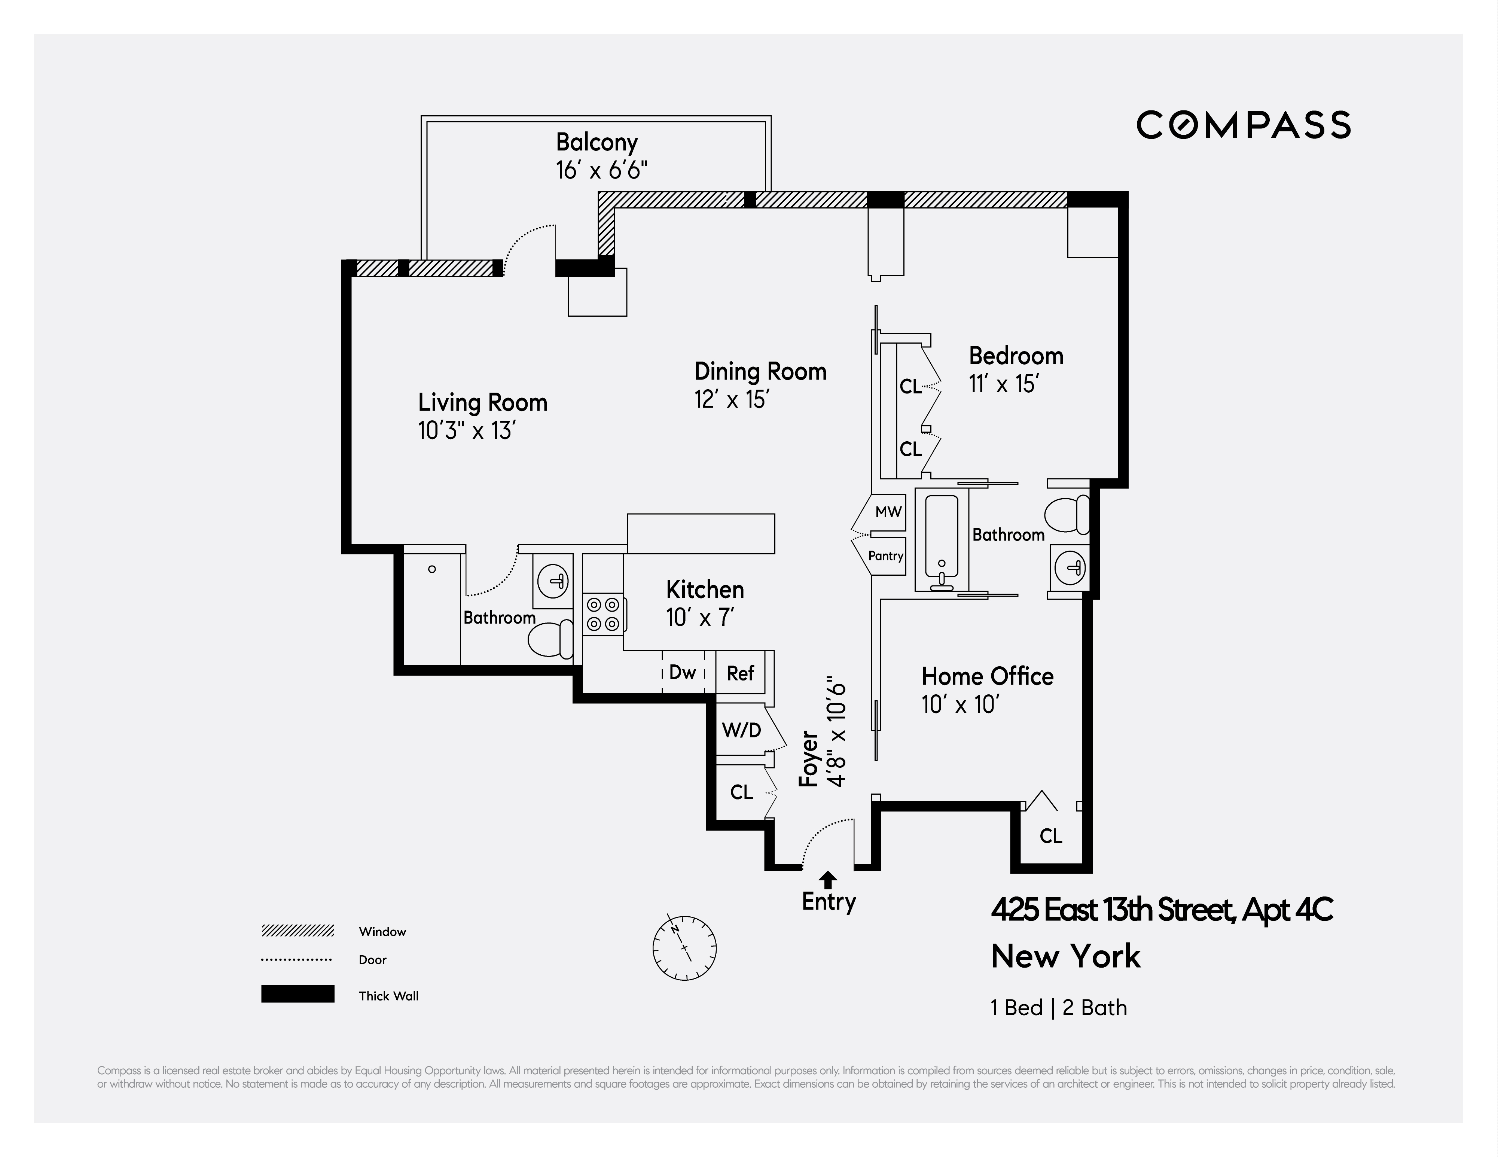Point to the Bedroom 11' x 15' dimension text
point(1003,384)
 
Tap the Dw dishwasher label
point(683,673)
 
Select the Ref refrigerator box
point(741,673)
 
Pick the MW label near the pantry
point(888,512)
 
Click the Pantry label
point(885,556)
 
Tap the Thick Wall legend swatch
point(298,994)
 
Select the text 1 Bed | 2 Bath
point(1058,1007)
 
